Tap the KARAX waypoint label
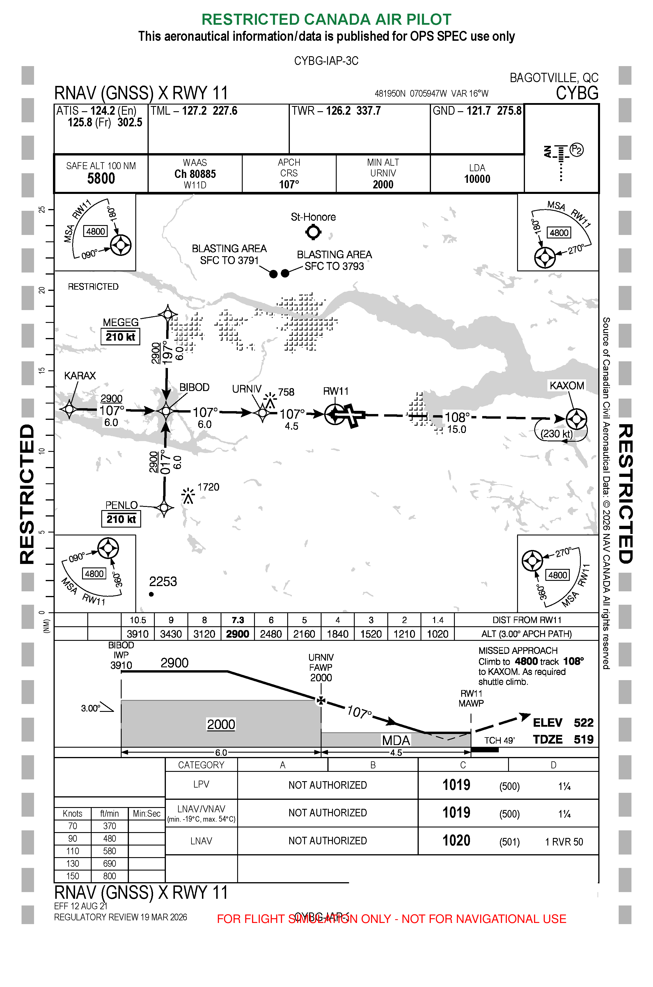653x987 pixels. point(80,376)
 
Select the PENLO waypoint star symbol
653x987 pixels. point(164,507)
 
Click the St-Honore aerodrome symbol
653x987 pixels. point(313,232)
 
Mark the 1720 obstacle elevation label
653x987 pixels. point(208,487)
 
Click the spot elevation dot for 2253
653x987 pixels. point(151,594)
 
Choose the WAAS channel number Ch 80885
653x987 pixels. point(195,174)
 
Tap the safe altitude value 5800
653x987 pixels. point(101,179)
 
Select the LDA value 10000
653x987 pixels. point(477,179)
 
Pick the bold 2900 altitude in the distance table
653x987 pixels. point(237,634)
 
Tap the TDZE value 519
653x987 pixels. point(583,740)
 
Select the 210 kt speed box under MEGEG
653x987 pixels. point(120,337)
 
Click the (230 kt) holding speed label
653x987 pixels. point(556,434)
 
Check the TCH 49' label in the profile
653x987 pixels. point(499,740)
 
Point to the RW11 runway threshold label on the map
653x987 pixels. point(336,391)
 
